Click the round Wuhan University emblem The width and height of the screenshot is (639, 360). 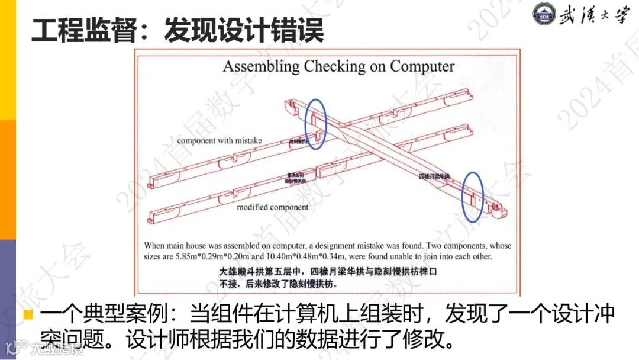pos(546,15)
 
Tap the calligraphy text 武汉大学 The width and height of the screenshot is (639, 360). pos(595,15)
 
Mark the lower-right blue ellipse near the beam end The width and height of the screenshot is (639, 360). pos(473,192)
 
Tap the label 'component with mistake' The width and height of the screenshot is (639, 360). pos(220,140)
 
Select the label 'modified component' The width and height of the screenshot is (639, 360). pos(272,207)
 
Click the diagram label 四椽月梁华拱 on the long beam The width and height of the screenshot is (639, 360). pos(435,176)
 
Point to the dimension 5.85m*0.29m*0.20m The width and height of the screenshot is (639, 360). pos(225,257)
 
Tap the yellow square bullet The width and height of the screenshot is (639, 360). pos(28,314)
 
